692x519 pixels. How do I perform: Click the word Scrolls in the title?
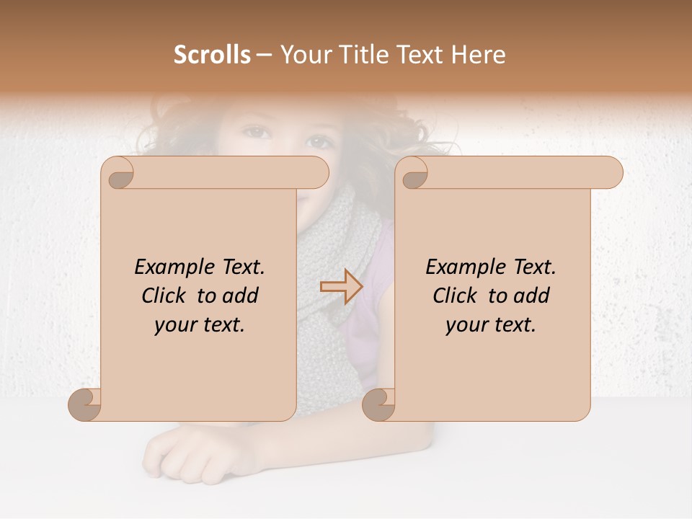212,55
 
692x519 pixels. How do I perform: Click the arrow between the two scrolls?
341,287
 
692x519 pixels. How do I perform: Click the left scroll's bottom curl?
85,404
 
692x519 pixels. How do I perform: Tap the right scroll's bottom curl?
378,404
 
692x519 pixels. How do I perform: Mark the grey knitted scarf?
339,259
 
